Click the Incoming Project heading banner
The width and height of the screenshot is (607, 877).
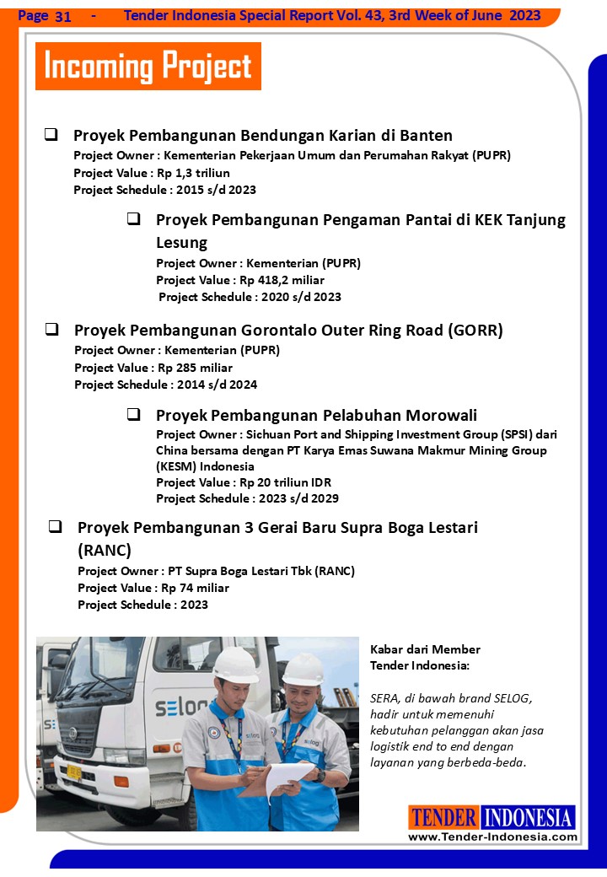(148, 67)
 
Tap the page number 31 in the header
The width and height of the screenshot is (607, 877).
(62, 16)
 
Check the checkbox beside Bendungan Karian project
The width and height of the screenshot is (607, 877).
(51, 134)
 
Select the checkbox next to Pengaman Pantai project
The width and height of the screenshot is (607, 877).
(133, 218)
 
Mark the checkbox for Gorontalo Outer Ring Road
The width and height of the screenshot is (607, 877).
(51, 329)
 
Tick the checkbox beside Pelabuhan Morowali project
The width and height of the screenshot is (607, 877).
(133, 414)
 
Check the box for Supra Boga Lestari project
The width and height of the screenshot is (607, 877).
(55, 526)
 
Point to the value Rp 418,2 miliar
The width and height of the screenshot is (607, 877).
(282, 280)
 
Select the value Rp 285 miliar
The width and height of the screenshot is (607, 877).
(193, 368)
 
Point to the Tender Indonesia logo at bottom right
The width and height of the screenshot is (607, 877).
(492, 817)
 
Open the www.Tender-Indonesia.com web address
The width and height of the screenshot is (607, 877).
(492, 837)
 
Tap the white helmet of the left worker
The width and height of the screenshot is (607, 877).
(235, 664)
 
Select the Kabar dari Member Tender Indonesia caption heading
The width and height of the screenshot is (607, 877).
(425, 657)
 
